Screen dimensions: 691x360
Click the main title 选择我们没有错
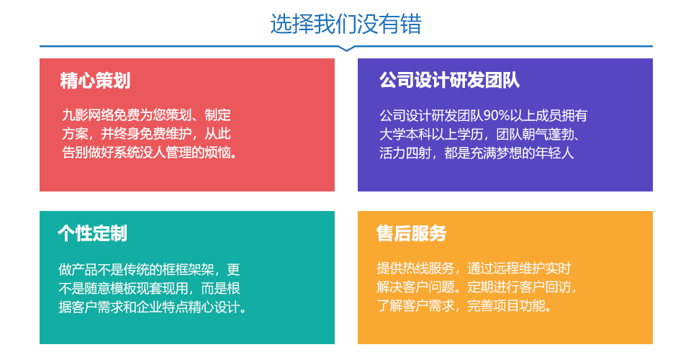point(346,24)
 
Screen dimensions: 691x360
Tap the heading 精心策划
point(95,81)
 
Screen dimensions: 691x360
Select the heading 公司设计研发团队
point(449,80)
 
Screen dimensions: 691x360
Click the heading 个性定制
point(93,233)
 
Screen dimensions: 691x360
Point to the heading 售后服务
point(411,233)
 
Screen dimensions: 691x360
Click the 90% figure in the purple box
point(497,115)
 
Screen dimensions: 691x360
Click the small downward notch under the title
point(346,48)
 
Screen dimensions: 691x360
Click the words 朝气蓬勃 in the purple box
point(548,134)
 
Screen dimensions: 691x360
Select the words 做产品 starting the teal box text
point(78,269)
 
